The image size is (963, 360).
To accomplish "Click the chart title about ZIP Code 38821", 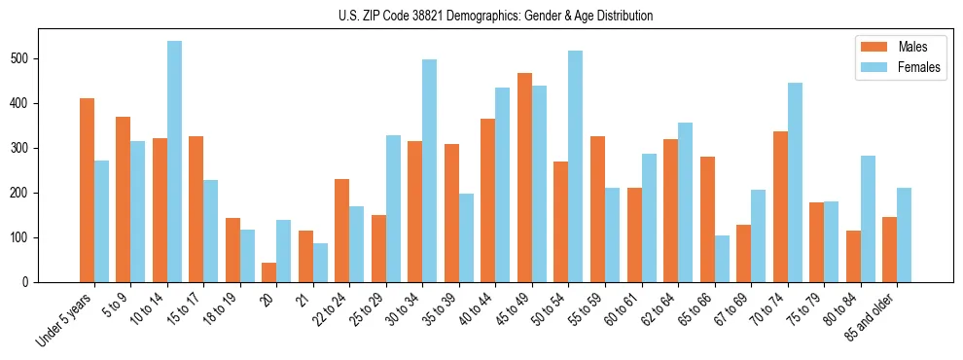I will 481,16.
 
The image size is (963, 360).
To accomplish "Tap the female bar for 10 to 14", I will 174,162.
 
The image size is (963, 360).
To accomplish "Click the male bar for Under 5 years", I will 87,191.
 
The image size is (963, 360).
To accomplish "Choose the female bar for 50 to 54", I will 576,166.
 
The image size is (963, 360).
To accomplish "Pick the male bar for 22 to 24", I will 342,231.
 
